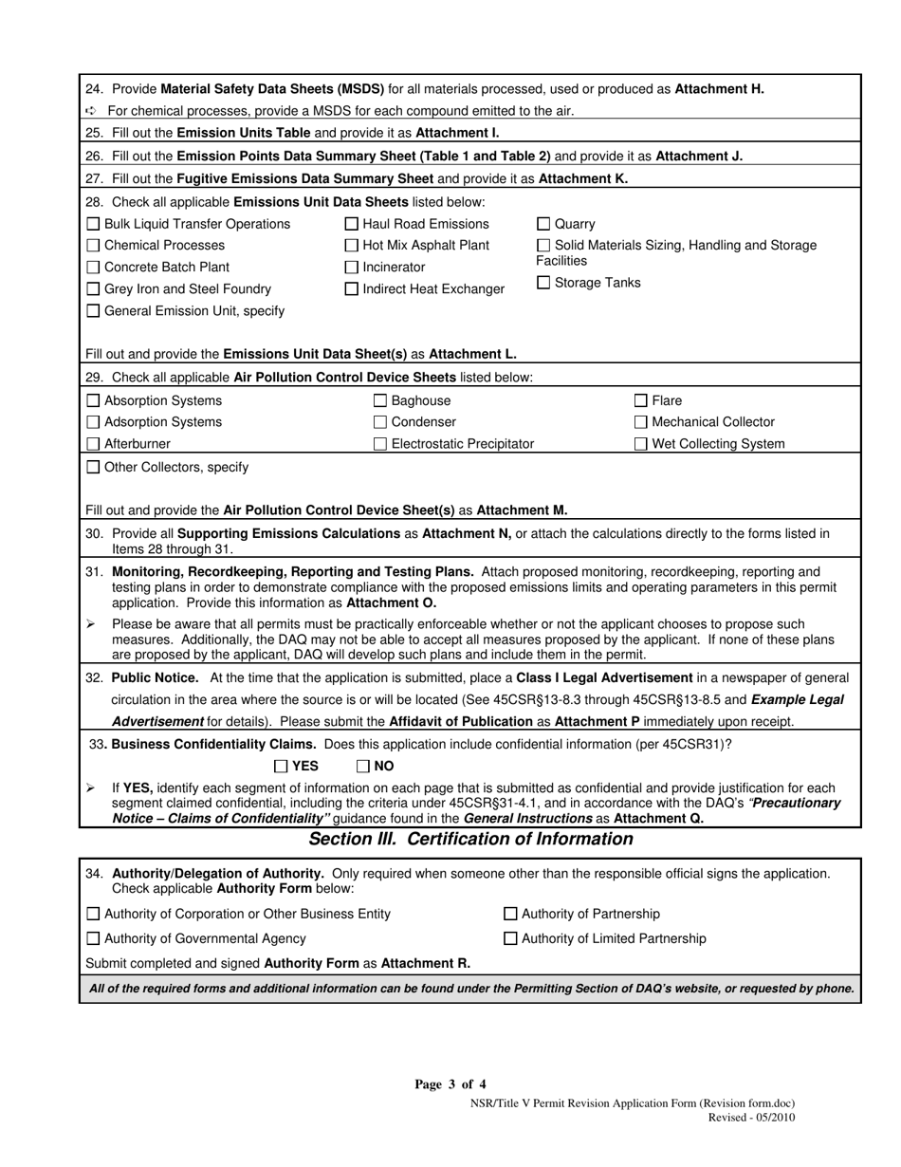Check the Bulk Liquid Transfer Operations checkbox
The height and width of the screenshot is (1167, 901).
click(93, 225)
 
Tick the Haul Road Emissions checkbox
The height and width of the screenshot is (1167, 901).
click(352, 225)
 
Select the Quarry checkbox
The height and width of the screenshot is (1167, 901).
click(543, 225)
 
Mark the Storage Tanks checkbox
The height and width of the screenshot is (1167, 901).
click(543, 283)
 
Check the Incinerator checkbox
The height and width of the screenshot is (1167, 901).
click(352, 268)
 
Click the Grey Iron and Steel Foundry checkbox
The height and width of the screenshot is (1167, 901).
click(93, 289)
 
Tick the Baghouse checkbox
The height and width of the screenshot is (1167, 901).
click(380, 401)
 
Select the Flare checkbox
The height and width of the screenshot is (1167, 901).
click(641, 401)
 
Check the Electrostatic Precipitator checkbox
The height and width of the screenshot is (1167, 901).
click(380, 444)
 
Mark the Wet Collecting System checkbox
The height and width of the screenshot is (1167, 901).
click(641, 444)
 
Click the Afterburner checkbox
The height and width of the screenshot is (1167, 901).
click(93, 444)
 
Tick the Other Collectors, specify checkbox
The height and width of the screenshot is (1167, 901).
click(93, 467)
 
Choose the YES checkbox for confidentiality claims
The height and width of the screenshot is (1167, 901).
click(281, 767)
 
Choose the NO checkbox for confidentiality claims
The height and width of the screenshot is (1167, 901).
click(363, 767)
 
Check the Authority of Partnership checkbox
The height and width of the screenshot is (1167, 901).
click(510, 915)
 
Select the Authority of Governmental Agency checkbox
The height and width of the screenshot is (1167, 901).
click(93, 939)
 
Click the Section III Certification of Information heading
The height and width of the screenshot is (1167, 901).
click(470, 840)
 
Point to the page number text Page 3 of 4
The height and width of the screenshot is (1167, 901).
click(450, 1084)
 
